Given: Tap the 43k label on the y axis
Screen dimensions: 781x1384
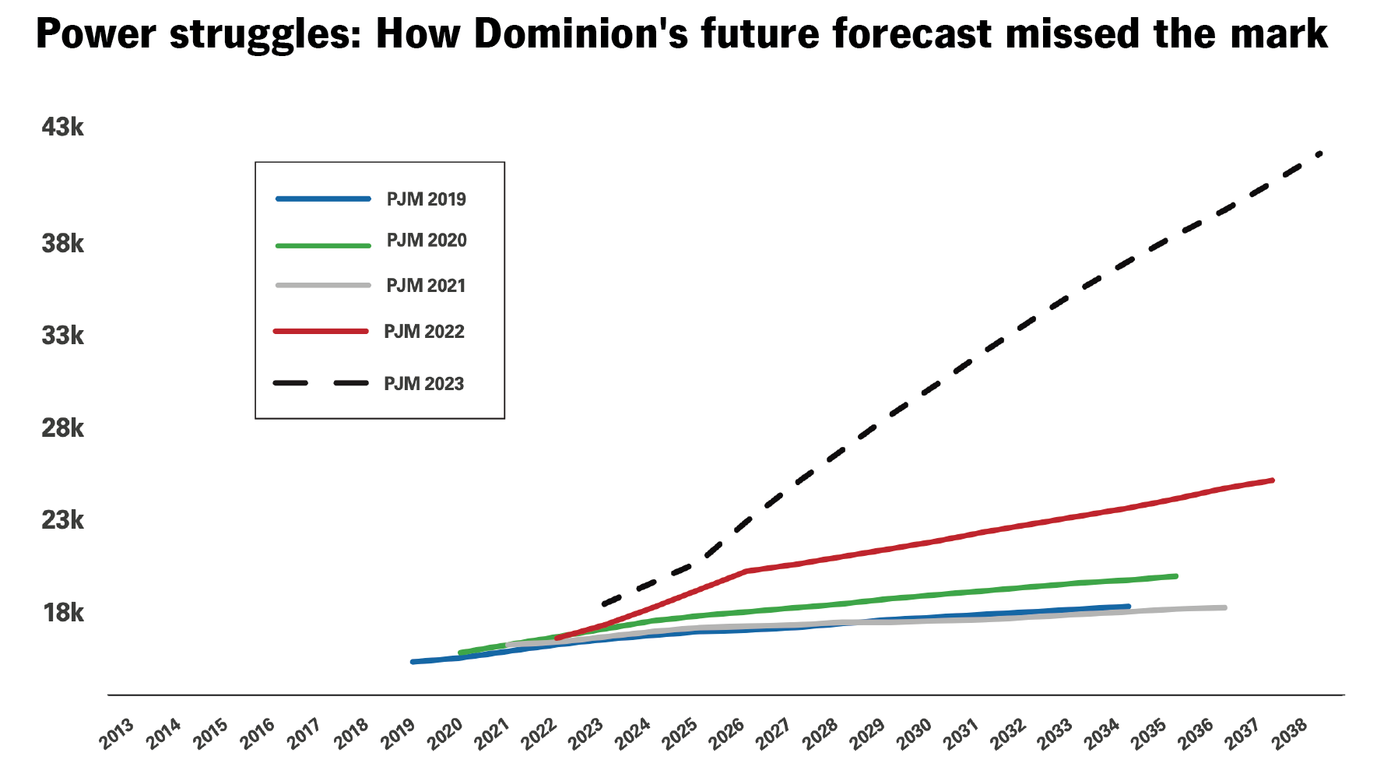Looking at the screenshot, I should point(62,127).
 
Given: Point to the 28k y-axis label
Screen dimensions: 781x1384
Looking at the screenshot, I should point(62,428).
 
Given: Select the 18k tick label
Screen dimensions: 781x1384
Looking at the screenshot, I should point(62,613).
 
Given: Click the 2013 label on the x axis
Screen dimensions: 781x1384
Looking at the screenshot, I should point(117,734).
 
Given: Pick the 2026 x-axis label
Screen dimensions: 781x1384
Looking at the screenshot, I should point(727,734).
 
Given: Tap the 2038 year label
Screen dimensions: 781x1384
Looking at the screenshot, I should point(1290,734).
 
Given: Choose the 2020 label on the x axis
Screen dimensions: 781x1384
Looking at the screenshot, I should point(445,734).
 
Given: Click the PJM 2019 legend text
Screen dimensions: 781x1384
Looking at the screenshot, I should point(426,199).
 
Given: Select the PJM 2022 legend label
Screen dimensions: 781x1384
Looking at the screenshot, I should point(423,332).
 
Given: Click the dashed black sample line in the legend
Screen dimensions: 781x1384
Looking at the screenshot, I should point(321,383).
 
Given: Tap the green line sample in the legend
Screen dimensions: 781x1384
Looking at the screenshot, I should point(323,245).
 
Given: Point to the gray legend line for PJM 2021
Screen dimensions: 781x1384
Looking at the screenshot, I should point(323,286).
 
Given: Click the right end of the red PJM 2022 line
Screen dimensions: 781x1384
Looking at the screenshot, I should point(1272,480).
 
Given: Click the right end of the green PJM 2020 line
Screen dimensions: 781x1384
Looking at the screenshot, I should point(1175,576).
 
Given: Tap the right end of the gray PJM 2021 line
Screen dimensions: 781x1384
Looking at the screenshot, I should point(1224,607).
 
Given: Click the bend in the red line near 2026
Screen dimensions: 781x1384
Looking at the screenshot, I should point(746,572).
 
